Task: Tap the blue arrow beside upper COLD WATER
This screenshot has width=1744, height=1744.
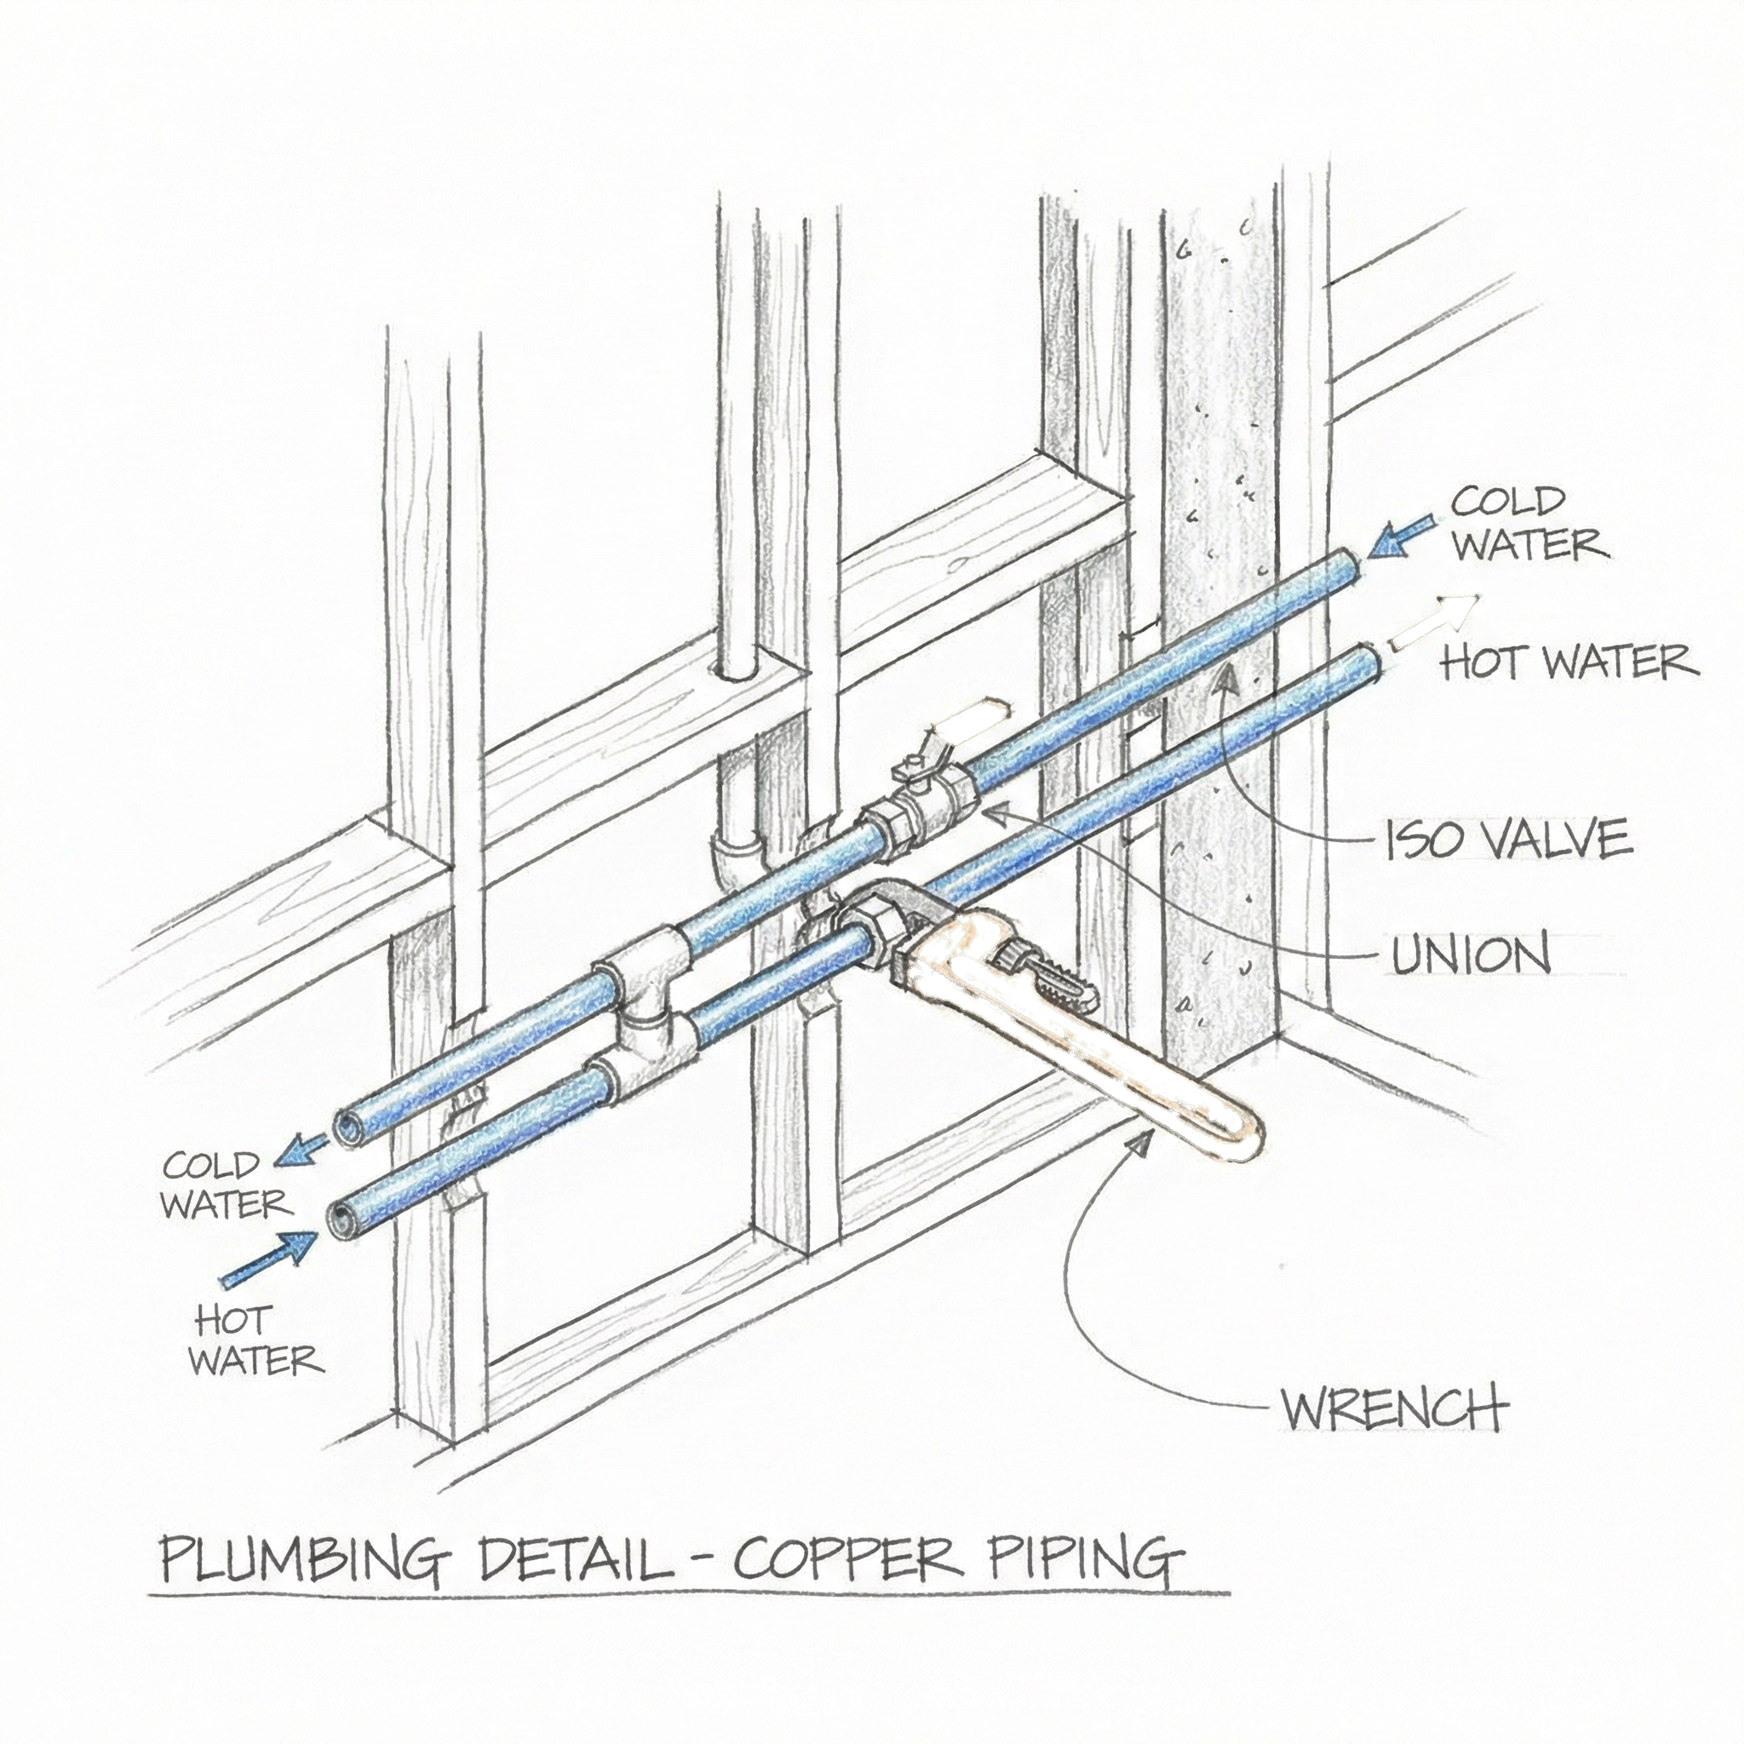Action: [1398, 536]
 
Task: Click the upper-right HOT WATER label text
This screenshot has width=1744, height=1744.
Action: [1569, 662]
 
